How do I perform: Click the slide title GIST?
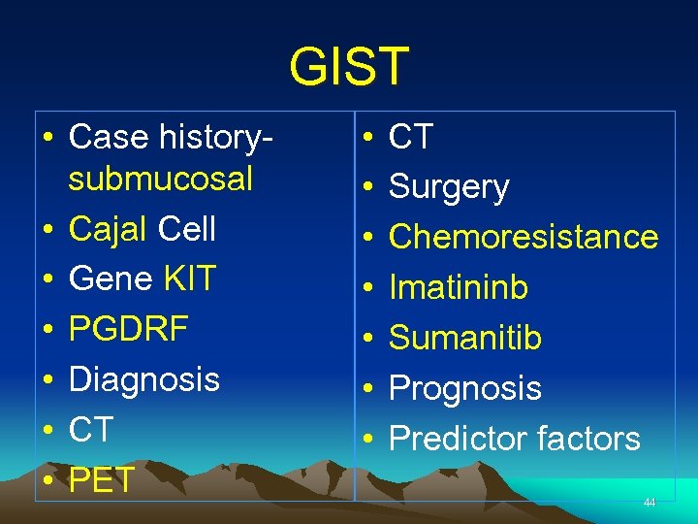pos(349,66)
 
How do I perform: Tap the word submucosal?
pos(160,180)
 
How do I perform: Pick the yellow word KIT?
pos(189,279)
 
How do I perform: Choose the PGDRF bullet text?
pos(129,329)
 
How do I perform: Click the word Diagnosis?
pos(144,378)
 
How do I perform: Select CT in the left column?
pos(91,429)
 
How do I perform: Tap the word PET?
pos(102,479)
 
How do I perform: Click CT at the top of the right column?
pos(411,138)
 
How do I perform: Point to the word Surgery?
pos(449,187)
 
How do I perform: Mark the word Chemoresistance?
pos(523,238)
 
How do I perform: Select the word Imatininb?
pos(459,288)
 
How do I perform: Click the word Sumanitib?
pos(465,338)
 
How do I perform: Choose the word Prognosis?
pos(465,388)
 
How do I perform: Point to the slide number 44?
pos(650,503)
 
